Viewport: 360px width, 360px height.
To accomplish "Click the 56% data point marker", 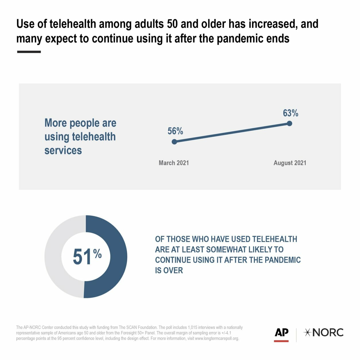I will pos(174,142).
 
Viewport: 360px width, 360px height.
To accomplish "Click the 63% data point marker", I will pos(289,123).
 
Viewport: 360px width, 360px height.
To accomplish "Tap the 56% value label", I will pos(175,131).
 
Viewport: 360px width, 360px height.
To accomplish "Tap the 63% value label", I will pos(291,113).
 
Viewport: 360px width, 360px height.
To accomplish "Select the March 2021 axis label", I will pos(174,163).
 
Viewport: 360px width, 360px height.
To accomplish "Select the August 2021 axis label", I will pos(290,163).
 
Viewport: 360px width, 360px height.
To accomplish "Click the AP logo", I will pos(281,332).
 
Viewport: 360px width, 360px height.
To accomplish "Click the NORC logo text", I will pos(328,332).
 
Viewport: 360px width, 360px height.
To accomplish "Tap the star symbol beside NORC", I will pos(308,332).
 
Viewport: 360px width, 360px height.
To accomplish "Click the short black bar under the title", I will pos(29,52).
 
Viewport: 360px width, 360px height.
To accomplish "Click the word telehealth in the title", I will pos(73,24).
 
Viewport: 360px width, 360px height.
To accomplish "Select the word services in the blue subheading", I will pos(63,150).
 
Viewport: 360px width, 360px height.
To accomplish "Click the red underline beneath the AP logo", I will pos(281,341).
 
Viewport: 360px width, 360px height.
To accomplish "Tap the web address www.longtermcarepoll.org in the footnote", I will pos(217,338).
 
